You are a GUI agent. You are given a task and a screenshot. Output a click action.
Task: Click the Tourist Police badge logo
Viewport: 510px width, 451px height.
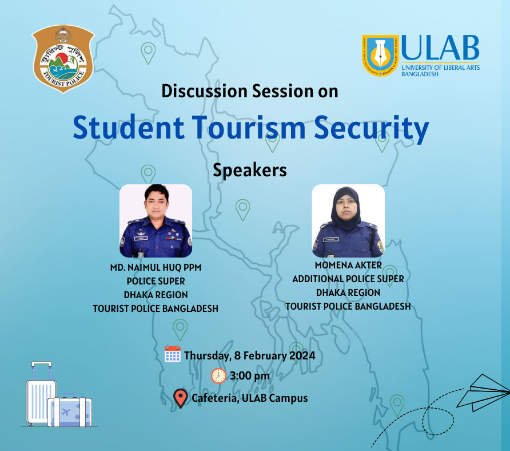(63, 58)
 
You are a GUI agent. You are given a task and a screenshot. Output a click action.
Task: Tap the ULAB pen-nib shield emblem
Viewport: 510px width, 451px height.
(380, 56)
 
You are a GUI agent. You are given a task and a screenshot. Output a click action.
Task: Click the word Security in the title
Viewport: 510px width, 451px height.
(372, 128)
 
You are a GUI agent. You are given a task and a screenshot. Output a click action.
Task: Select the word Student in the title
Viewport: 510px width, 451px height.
(129, 127)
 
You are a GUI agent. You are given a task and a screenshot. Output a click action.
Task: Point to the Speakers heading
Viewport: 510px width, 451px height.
(250, 171)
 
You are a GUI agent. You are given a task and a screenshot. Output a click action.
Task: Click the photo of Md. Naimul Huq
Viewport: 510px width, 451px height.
(156, 221)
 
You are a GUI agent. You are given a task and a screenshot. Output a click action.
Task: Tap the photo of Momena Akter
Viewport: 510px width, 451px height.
(348, 221)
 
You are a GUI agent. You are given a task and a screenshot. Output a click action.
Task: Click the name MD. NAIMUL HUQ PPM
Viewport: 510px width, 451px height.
(156, 267)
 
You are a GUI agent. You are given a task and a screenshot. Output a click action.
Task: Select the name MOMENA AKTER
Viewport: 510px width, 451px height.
(348, 265)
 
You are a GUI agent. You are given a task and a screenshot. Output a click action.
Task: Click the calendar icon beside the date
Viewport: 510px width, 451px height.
(173, 354)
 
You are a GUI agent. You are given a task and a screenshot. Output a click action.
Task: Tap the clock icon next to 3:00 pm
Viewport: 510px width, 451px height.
(218, 376)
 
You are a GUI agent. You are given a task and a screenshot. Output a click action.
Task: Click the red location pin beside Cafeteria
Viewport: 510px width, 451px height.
(181, 398)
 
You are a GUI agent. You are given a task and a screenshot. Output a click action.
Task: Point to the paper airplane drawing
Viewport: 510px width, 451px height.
(483, 393)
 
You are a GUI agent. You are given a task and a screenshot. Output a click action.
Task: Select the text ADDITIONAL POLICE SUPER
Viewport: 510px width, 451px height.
(348, 279)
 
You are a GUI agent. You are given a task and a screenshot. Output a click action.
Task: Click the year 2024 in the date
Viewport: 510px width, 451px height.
(302, 355)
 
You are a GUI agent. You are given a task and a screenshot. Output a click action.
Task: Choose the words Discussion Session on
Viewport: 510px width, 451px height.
(250, 91)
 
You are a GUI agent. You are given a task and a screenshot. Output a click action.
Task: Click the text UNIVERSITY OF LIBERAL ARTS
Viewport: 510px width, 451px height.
(440, 68)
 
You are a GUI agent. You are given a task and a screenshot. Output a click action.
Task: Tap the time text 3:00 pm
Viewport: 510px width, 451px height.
(250, 376)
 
